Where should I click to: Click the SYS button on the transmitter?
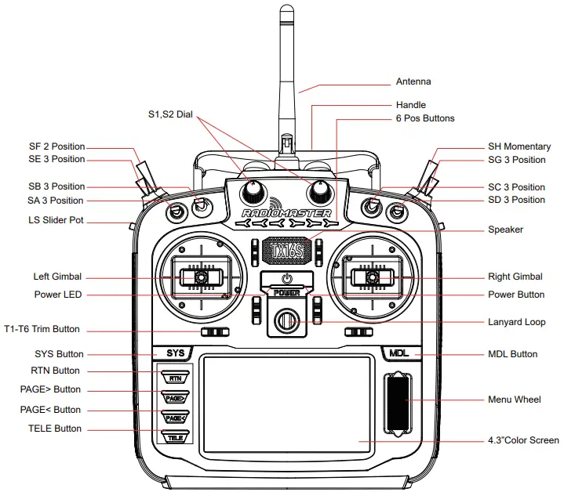pyautogui.click(x=176, y=353)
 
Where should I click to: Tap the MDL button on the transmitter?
pyautogui.click(x=399, y=353)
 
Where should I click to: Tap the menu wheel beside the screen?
pyautogui.click(x=398, y=404)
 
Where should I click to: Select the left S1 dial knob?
pyautogui.click(x=254, y=191)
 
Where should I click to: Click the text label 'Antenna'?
pyautogui.click(x=413, y=81)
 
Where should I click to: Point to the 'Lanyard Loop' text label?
pyautogui.click(x=515, y=322)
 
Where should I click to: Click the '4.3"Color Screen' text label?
pyautogui.click(x=523, y=441)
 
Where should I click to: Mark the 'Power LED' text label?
pyautogui.click(x=57, y=295)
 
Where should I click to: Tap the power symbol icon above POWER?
pyautogui.click(x=287, y=279)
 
